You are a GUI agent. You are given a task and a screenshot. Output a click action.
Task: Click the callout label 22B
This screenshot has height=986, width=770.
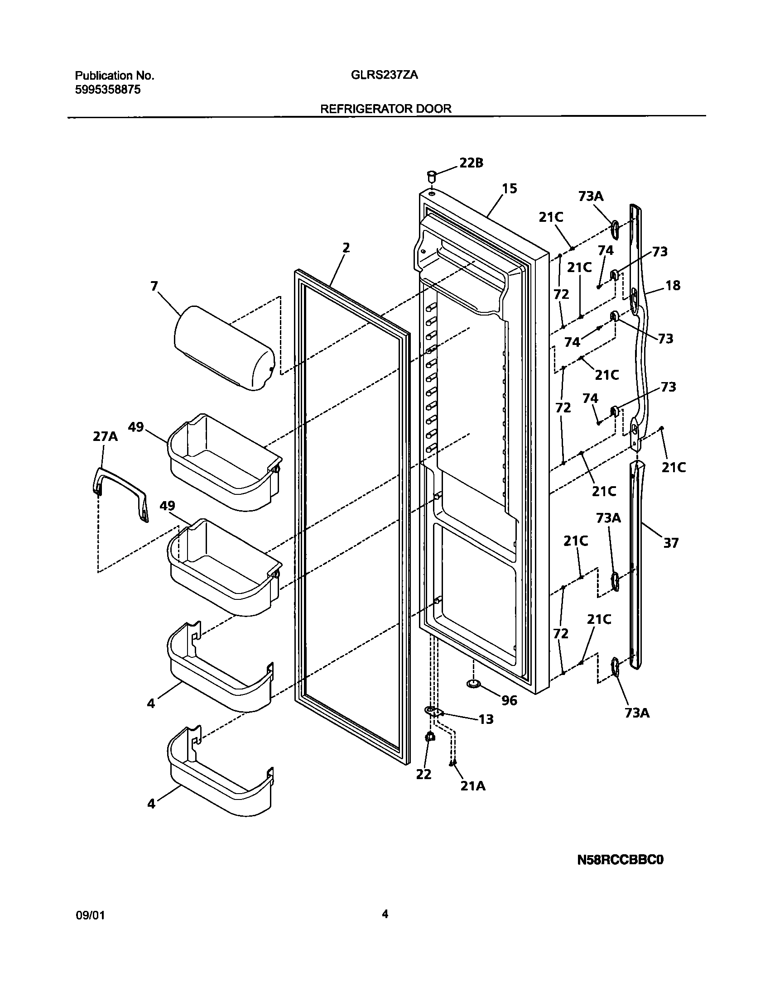coord(471,163)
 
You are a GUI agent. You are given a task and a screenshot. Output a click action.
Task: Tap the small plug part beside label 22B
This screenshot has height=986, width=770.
coord(432,175)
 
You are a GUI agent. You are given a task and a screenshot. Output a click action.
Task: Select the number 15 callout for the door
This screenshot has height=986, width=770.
coord(510,188)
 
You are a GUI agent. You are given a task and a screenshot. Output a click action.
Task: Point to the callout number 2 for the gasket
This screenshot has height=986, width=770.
coord(346,248)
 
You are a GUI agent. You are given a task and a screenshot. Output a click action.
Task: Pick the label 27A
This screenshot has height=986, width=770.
coord(105,436)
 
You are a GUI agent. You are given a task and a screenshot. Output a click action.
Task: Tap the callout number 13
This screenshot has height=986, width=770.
coord(486,719)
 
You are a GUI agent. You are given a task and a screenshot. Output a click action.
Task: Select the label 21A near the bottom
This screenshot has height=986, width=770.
coord(473,786)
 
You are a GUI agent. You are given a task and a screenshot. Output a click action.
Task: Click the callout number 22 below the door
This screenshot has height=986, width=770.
coord(424,775)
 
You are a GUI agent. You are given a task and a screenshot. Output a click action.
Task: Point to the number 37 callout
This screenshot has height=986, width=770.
coord(671,542)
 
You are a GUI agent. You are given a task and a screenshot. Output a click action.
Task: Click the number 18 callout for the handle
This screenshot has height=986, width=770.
coord(673,286)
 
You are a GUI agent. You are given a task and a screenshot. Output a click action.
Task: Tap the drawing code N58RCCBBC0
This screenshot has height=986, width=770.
coord(620,872)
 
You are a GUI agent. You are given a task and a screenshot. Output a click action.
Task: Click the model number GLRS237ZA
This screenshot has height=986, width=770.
coord(384,76)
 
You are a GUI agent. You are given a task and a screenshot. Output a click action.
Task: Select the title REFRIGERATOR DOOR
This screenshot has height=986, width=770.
coord(386,109)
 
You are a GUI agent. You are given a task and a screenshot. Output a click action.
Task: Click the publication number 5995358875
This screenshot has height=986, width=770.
coord(107,90)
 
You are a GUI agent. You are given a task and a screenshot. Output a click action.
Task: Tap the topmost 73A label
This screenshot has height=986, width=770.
coord(591,196)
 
